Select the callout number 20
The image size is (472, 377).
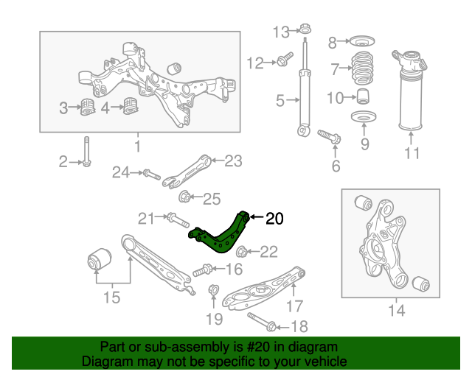tap(274, 218)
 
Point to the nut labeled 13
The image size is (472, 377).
tap(304, 31)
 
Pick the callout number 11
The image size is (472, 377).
tap(412, 153)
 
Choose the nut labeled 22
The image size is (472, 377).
tap(246, 252)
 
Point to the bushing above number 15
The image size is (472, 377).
tap(98, 261)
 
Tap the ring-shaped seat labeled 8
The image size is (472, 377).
tap(362, 41)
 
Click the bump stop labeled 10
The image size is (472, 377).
tap(363, 96)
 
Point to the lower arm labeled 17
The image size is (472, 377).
tap(262, 289)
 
